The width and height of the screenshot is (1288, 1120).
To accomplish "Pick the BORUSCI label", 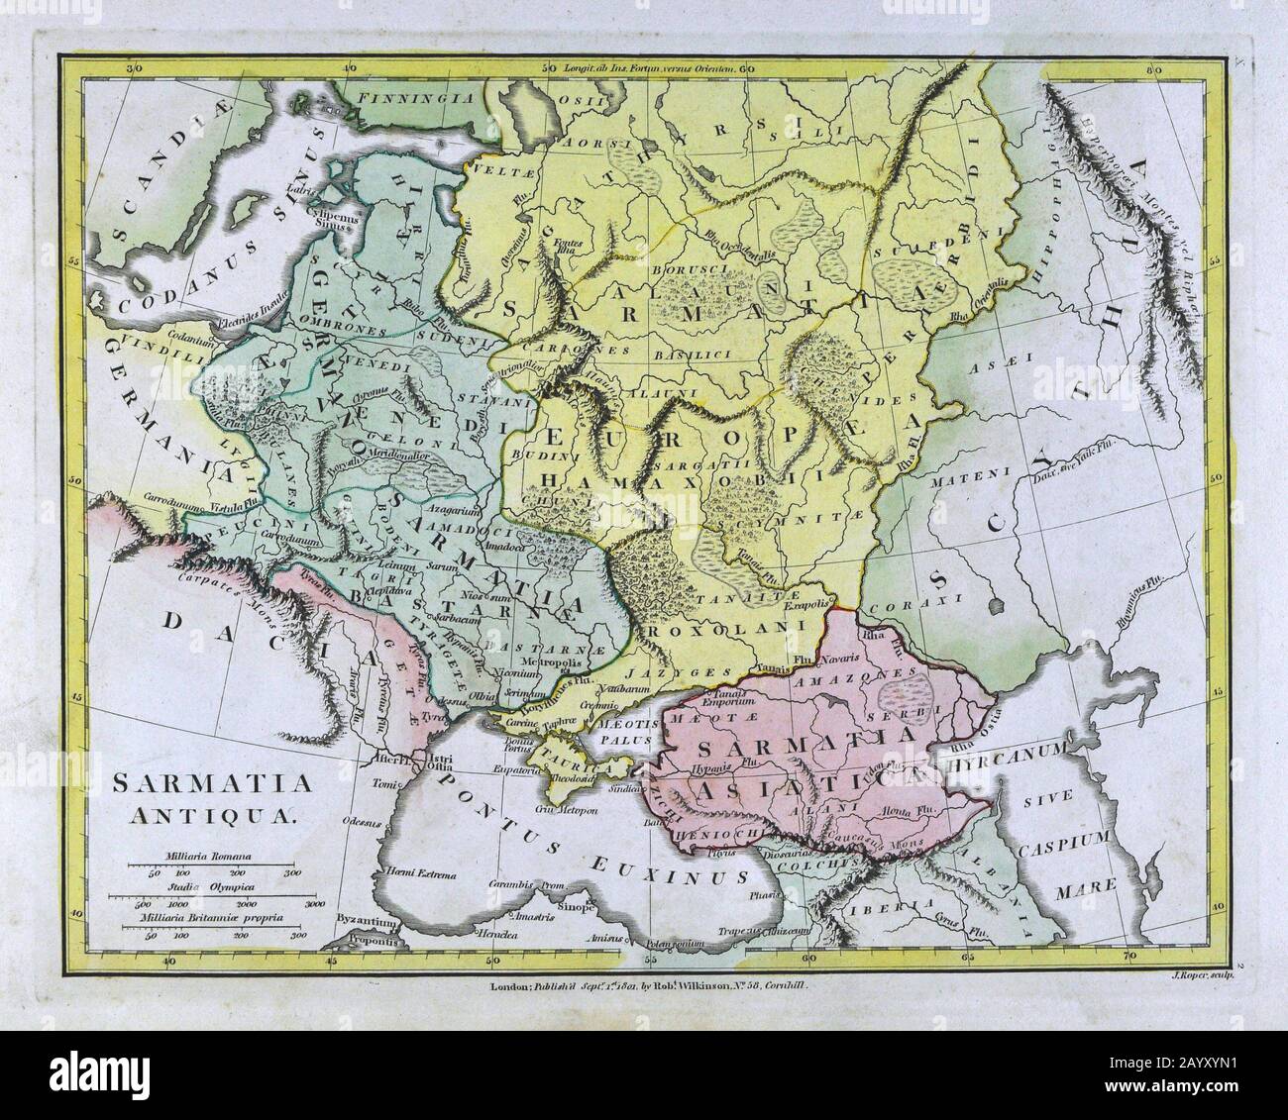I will click(684, 270).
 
